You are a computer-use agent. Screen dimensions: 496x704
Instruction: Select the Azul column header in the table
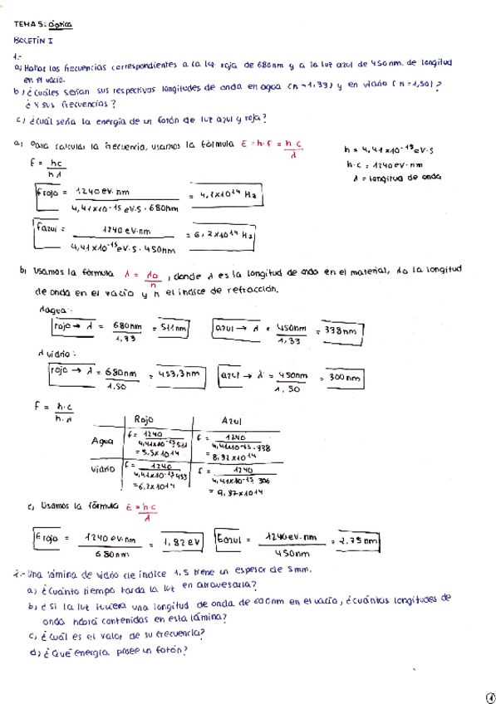coord(237,422)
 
